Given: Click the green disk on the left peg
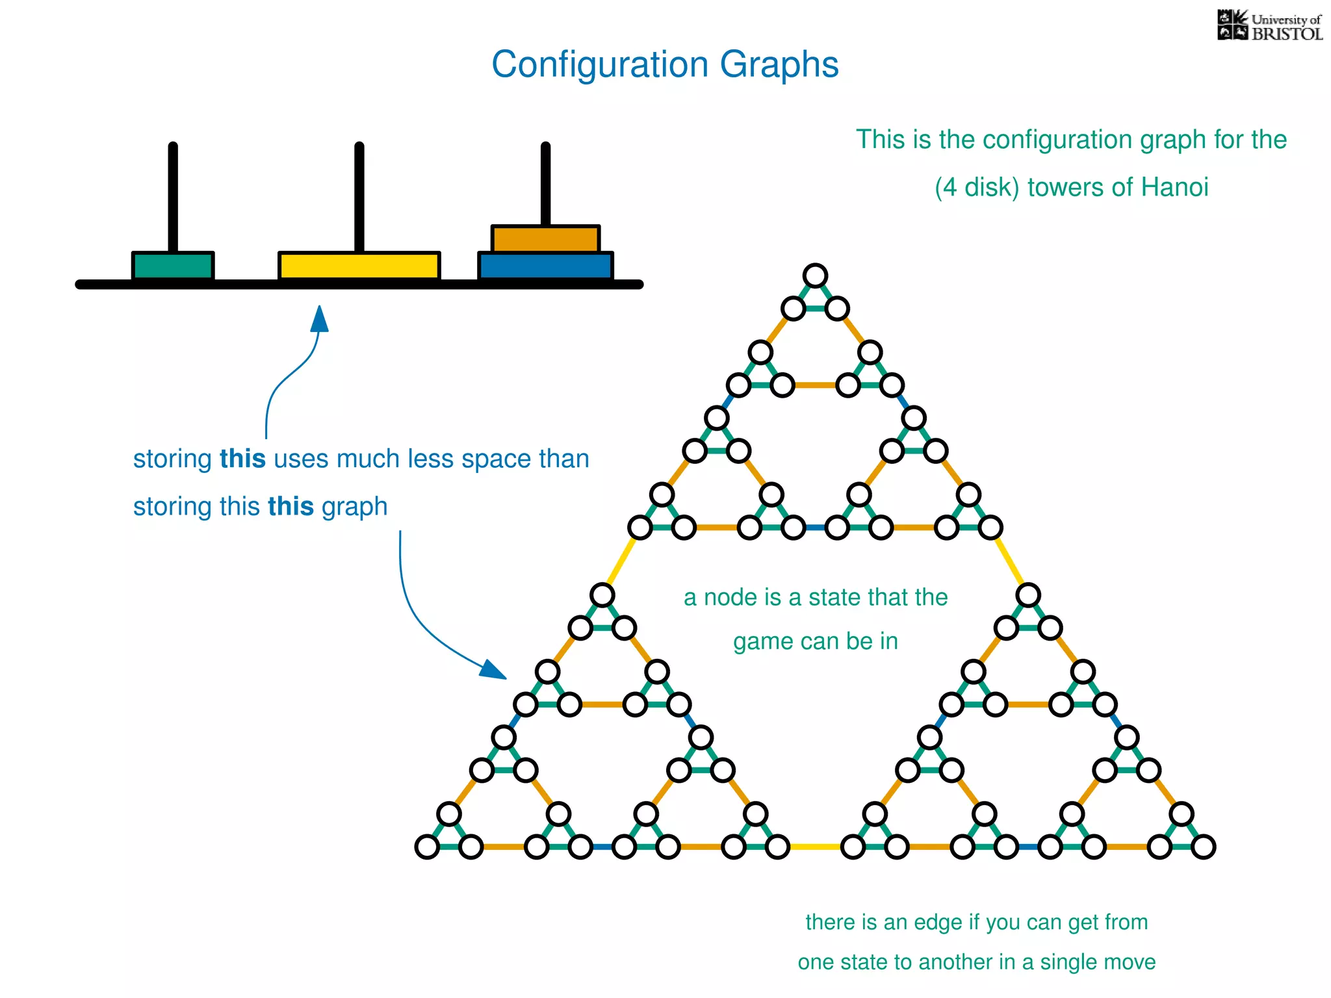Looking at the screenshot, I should tap(173, 266).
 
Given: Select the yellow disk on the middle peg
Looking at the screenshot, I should tap(359, 266).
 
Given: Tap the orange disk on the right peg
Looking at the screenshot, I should tap(545, 238).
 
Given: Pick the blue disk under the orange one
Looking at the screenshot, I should tap(545, 266).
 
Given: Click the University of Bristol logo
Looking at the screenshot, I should tap(1269, 26).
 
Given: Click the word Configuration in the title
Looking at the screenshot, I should tap(599, 65).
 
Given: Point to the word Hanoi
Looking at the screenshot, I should tap(1174, 187).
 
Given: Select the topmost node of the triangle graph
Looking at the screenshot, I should tap(815, 275).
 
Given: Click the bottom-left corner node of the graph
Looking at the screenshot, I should tap(427, 847).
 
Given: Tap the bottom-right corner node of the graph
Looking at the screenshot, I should tap(1204, 847).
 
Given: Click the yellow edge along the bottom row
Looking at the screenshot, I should tap(815, 847).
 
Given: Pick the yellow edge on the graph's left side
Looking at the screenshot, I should tap(621, 560).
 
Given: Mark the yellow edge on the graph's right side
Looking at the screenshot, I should tap(1009, 560).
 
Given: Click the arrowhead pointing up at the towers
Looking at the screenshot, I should tap(319, 319).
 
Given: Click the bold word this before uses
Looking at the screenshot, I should tap(242, 459).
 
